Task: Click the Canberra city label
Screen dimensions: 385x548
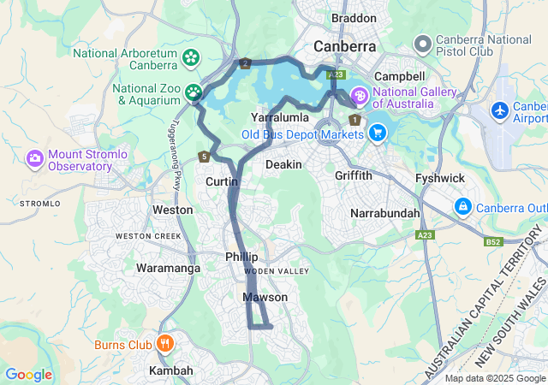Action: click(x=345, y=45)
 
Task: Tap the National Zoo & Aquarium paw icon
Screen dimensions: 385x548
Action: click(x=194, y=91)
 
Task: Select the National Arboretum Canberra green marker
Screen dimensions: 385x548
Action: click(x=191, y=59)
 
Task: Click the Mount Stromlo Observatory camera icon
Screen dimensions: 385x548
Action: click(x=35, y=158)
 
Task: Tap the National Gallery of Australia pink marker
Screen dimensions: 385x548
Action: click(x=359, y=94)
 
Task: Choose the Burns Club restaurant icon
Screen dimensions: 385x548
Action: click(x=165, y=345)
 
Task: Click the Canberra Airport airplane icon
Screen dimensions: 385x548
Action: click(x=501, y=111)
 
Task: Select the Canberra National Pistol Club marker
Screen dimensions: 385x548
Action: click(x=422, y=44)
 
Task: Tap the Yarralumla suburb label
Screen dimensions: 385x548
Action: click(x=278, y=115)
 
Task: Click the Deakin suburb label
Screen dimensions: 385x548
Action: click(x=283, y=163)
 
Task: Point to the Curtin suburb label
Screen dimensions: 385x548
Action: click(x=221, y=181)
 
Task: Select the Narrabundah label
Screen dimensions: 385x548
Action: click(x=385, y=212)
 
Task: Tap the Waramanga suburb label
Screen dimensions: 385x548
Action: click(x=168, y=268)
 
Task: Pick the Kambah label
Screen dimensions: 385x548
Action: click(x=170, y=370)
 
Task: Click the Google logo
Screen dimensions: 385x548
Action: click(x=28, y=374)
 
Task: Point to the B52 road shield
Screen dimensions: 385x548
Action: click(x=493, y=242)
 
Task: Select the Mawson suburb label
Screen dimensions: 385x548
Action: click(x=265, y=297)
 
